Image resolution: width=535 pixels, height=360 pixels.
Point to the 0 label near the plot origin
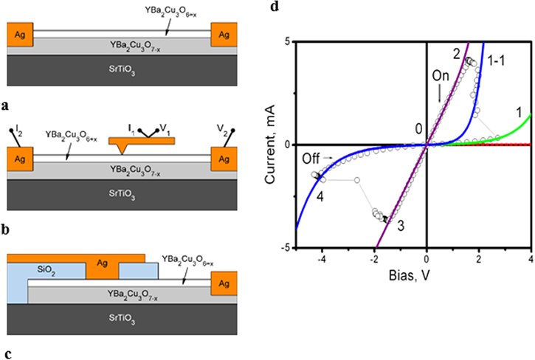[418, 129]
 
